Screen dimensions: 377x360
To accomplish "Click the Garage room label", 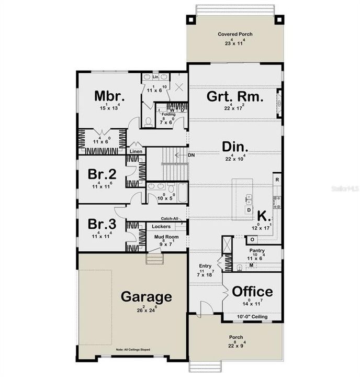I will click(147, 297).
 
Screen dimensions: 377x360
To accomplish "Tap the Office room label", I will click(252, 292).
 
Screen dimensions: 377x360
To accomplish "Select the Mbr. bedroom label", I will click(109, 96).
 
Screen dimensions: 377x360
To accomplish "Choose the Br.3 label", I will click(99, 224).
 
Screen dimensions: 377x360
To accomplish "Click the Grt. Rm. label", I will click(234, 97).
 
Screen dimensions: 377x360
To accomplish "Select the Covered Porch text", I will click(235, 35).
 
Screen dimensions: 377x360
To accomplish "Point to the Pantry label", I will click(256, 251).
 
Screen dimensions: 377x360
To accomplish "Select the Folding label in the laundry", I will click(168, 114).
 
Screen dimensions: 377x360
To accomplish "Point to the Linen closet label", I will click(137, 151).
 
